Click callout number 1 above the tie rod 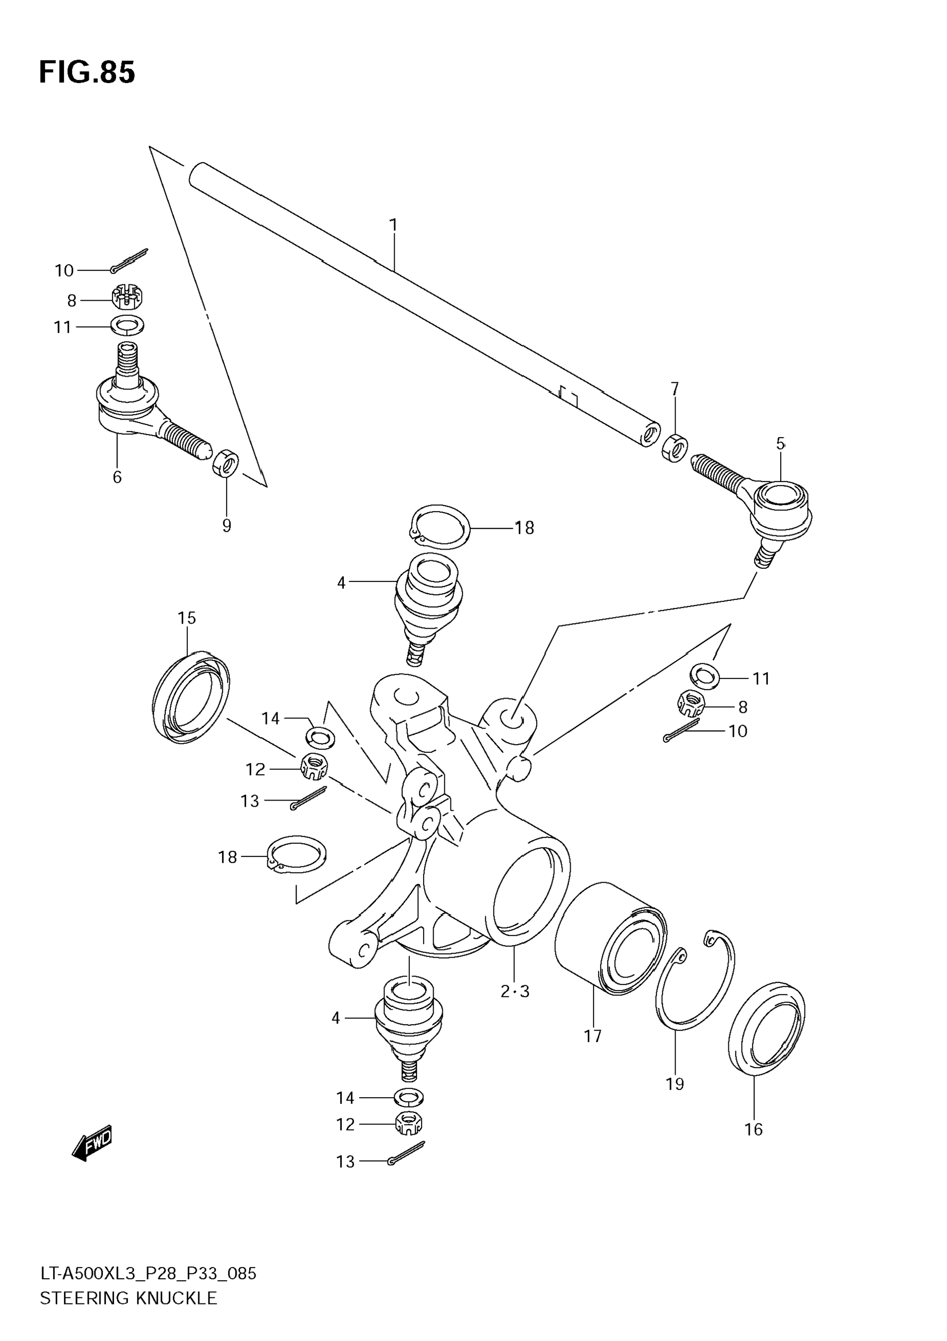393,225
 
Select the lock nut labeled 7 675,448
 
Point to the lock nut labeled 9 226,463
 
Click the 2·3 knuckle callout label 515,991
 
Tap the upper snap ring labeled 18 440,527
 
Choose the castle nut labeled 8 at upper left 128,297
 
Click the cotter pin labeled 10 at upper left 130,261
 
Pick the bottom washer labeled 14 409,1098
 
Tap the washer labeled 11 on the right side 705,676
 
